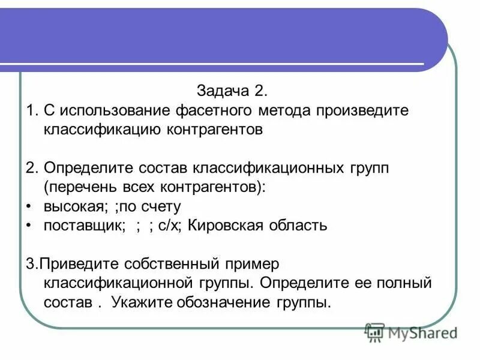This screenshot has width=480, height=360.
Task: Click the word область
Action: click(x=297, y=226)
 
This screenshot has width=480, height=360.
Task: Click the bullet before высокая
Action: click(x=29, y=206)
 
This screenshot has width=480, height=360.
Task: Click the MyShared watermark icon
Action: click(x=374, y=331)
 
